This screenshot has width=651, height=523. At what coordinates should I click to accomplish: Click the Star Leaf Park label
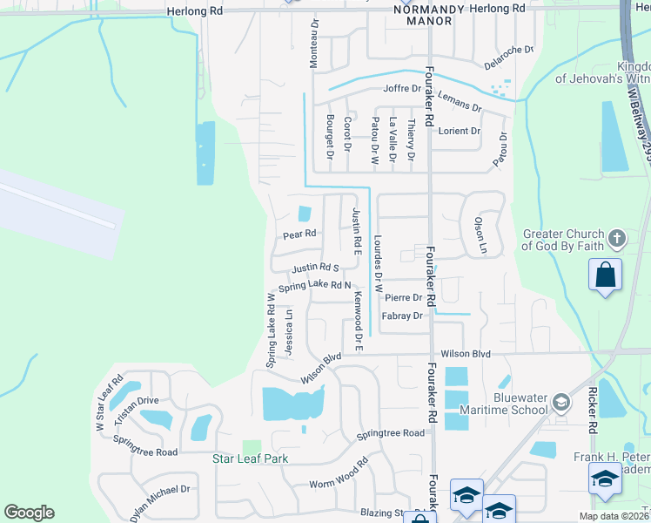[x=251, y=458]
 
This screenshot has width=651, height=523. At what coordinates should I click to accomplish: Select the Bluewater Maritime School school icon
[x=561, y=403]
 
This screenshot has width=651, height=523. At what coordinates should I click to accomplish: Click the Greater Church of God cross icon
[x=616, y=238]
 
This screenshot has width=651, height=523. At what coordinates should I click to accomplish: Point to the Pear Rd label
[x=299, y=234]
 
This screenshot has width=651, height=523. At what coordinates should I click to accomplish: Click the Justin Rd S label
[x=315, y=268]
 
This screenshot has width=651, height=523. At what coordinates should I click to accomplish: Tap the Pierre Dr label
[x=404, y=297]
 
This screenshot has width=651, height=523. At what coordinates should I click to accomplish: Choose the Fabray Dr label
[x=402, y=316]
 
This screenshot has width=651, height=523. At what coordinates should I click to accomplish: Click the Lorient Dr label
[x=459, y=131]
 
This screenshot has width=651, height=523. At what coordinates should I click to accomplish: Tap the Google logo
[x=29, y=513]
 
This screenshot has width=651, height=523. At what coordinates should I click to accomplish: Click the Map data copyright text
[x=614, y=516]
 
